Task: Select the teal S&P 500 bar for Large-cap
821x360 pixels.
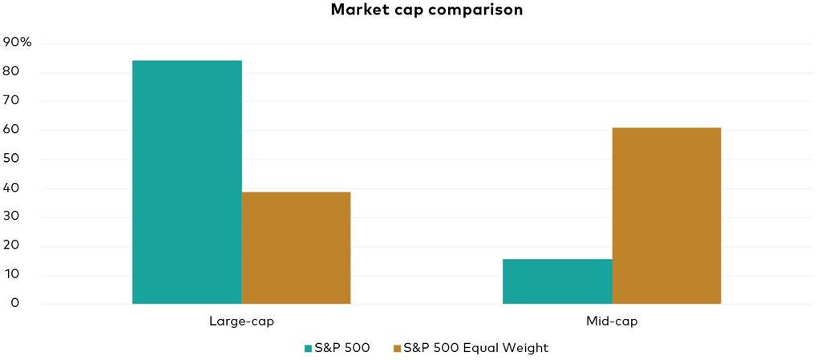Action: click(x=187, y=182)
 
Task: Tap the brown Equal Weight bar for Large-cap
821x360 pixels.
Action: click(x=296, y=248)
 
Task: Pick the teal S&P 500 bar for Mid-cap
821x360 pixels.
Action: click(x=557, y=281)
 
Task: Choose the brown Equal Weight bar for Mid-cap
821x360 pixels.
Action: click(x=666, y=216)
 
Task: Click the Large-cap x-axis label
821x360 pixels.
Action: click(x=241, y=322)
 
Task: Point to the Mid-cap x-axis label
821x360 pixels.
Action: click(x=612, y=322)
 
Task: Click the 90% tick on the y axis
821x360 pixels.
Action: click(x=18, y=43)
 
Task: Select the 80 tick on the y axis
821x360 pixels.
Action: click(x=11, y=72)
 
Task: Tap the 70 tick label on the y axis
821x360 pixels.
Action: click(x=11, y=101)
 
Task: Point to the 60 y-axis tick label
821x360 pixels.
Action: click(x=11, y=130)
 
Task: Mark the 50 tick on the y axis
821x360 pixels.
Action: click(x=11, y=159)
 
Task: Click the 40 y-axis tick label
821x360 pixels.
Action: click(x=11, y=188)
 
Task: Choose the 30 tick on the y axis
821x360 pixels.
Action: click(x=11, y=217)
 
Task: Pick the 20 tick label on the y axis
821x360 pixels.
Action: click(x=11, y=246)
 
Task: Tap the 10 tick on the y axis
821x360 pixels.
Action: click(x=11, y=275)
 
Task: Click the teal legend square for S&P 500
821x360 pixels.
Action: click(x=307, y=348)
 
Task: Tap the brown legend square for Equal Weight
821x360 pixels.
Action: click(x=396, y=348)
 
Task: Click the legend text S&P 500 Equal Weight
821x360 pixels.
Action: click(x=476, y=348)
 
